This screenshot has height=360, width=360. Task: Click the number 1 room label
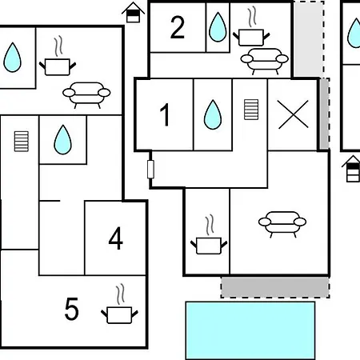pyautogui.click(x=165, y=114)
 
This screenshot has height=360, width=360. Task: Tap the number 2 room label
pyautogui.click(x=178, y=27)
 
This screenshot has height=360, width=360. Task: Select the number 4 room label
pyautogui.click(x=116, y=238)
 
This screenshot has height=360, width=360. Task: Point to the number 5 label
pyautogui.click(x=72, y=309)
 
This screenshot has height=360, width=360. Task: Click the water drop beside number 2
pyautogui.click(x=218, y=27)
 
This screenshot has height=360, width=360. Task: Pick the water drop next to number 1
pyautogui.click(x=213, y=114)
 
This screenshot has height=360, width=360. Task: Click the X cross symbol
pyautogui.click(x=293, y=114)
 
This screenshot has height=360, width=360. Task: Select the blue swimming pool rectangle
pyautogui.click(x=250, y=330)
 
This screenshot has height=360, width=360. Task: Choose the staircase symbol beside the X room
pyautogui.click(x=251, y=110)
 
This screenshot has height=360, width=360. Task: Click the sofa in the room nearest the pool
pyautogui.click(x=282, y=224)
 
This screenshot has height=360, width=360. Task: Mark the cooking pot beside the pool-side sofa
pyautogui.click(x=209, y=234)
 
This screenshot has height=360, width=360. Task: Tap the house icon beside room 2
pyautogui.click(x=133, y=13)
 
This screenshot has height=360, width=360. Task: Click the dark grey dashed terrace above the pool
pyautogui.click(x=275, y=287)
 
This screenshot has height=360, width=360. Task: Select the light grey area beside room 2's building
pyautogui.click(x=309, y=39)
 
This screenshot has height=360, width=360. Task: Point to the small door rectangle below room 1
pyautogui.click(x=150, y=169)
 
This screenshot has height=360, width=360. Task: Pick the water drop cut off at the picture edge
pyautogui.click(x=354, y=33)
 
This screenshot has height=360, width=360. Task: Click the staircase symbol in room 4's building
pyautogui.click(x=22, y=142)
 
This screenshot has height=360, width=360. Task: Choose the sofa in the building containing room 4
pyautogui.click(x=86, y=95)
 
